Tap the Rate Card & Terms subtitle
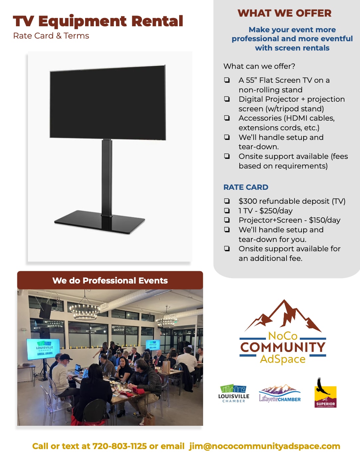click(x=51, y=36)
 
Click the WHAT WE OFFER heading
click(x=284, y=13)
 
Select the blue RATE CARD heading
click(x=246, y=187)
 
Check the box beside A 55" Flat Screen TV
click(x=227, y=80)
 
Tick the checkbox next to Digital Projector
click(x=227, y=99)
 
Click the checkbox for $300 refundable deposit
click(x=227, y=201)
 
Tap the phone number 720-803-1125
click(x=120, y=446)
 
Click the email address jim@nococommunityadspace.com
click(x=265, y=446)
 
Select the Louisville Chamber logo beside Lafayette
click(x=234, y=393)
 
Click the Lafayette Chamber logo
click(x=280, y=393)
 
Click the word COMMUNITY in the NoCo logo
click(x=283, y=347)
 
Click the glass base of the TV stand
click(x=100, y=222)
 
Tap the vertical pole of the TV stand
click(x=107, y=177)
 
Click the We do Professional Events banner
click(x=110, y=280)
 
